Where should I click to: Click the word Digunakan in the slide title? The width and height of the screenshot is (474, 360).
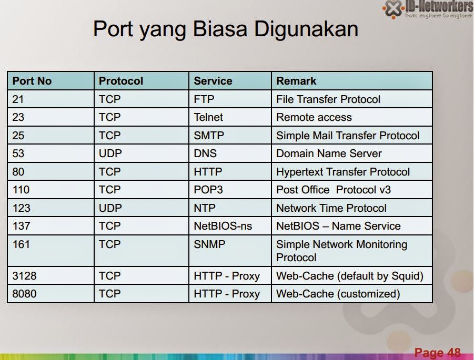(306, 29)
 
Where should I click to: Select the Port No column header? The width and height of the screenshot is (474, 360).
(32, 81)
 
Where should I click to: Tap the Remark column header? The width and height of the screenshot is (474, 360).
(296, 81)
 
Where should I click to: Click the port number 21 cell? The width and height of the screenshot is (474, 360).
(18, 99)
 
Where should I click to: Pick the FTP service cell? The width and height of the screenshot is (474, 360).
(204, 99)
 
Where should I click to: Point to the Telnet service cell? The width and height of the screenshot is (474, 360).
(208, 117)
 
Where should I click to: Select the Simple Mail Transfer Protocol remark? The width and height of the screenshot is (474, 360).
(348, 136)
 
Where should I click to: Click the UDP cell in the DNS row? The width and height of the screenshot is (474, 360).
(110, 153)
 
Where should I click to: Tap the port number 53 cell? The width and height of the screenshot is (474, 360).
(18, 153)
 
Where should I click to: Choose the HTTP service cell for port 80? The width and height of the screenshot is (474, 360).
(208, 172)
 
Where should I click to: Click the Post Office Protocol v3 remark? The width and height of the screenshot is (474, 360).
(334, 190)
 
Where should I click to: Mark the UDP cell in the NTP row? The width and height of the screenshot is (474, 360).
(110, 208)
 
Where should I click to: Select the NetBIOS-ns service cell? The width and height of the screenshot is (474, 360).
(223, 226)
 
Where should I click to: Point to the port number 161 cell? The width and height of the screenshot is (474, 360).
(22, 244)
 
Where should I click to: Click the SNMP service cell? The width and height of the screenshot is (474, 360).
(209, 244)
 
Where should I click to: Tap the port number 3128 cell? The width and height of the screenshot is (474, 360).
(25, 276)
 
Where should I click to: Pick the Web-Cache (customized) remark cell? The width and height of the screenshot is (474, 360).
(338, 294)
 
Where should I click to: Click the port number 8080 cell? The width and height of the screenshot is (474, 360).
(25, 294)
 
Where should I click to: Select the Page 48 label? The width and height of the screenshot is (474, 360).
(437, 352)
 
